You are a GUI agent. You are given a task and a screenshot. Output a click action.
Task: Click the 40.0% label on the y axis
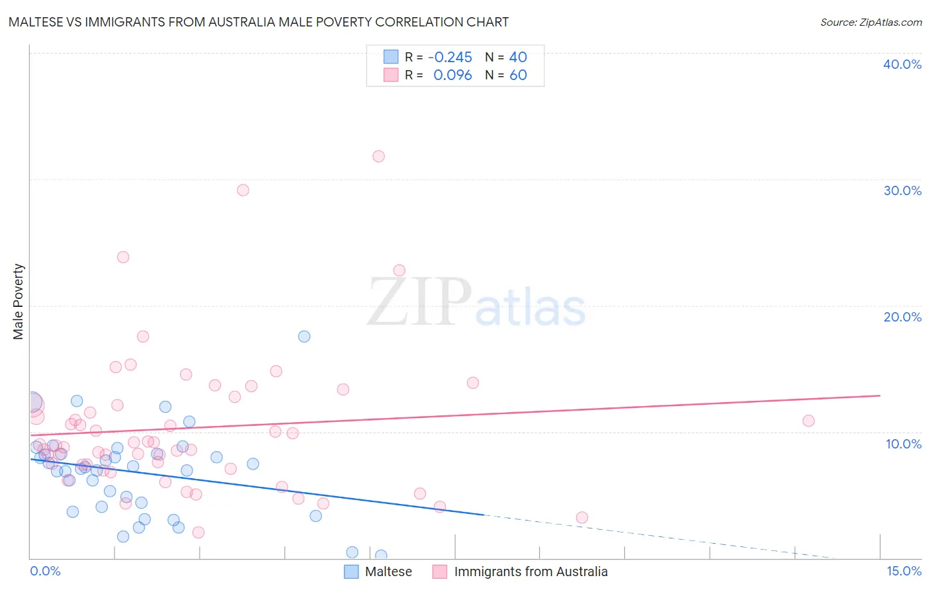point(902,64)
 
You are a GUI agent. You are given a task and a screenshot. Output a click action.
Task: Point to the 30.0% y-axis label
point(902,190)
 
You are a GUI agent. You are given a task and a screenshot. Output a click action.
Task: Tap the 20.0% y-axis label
point(902,317)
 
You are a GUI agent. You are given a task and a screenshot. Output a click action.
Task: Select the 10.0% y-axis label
point(904,444)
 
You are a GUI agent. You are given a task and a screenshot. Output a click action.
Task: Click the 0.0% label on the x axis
point(45,571)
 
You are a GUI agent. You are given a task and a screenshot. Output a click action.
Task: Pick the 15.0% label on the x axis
point(904,571)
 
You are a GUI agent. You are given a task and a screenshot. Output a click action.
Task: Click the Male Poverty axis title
point(19,302)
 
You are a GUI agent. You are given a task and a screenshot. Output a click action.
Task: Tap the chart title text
point(259,22)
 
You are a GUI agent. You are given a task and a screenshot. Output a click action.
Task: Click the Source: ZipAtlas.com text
point(870,22)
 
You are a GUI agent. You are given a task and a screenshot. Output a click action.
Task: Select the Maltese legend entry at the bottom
point(388,571)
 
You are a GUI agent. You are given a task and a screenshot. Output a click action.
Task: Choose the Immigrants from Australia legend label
point(530,571)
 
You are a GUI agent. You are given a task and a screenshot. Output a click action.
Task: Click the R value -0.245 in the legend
point(450,57)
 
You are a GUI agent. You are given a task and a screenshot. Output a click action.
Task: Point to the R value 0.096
point(452,75)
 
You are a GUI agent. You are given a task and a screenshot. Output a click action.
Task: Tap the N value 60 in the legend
point(518,75)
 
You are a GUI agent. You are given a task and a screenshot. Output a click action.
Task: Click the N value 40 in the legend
point(518,57)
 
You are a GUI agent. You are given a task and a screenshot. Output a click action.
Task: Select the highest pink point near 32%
point(378,156)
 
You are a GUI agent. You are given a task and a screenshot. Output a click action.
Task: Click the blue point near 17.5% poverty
point(304,336)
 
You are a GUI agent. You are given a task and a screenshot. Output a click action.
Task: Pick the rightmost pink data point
point(808,421)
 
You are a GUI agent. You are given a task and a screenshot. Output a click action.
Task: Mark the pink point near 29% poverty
point(243,190)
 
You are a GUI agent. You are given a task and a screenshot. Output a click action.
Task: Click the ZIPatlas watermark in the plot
point(476,303)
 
